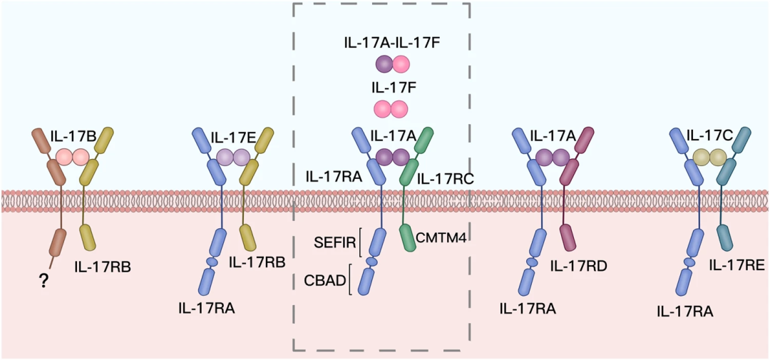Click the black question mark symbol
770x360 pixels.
(x=43, y=283)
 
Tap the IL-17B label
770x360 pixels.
(x=72, y=135)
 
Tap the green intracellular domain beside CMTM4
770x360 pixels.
(x=408, y=237)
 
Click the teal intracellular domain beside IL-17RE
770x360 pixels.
(x=725, y=237)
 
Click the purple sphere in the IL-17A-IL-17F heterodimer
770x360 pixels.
(x=384, y=64)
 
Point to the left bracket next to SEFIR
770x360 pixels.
(x=361, y=242)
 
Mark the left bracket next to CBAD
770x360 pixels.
(x=349, y=279)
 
